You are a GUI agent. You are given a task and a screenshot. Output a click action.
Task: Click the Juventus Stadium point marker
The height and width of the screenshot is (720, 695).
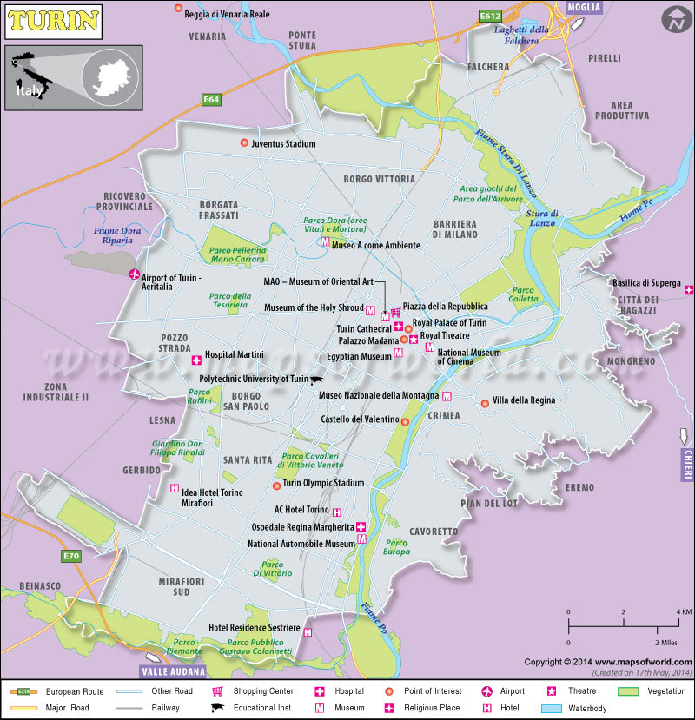(243, 143)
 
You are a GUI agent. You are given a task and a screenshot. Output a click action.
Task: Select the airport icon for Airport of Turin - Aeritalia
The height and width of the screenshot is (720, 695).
(135, 275)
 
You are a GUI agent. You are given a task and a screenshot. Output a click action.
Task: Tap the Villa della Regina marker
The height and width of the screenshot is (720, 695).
(485, 403)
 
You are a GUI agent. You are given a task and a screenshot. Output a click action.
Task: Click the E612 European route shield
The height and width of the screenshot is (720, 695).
(491, 16)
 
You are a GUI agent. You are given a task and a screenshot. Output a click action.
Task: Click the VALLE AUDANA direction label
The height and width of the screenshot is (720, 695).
(173, 671)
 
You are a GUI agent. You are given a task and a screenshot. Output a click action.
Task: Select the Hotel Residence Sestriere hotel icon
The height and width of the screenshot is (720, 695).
(308, 633)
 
